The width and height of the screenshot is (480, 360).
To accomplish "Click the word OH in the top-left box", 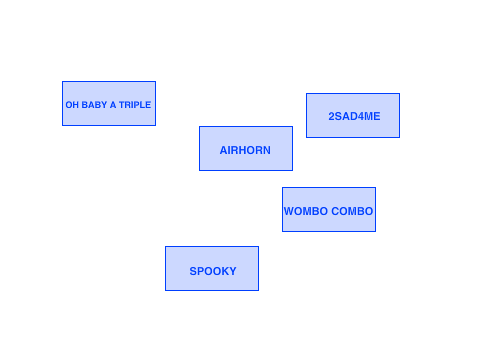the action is pyautogui.click(x=72, y=105).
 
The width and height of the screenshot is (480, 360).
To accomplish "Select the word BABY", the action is pyautogui.click(x=94, y=105).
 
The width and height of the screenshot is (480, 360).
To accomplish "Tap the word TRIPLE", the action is pyautogui.click(x=135, y=105).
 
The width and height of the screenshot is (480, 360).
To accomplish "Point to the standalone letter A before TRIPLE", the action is pyautogui.click(x=113, y=105).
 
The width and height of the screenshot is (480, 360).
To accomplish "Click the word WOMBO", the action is pyautogui.click(x=306, y=211).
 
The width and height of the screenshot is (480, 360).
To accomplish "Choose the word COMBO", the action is pyautogui.click(x=352, y=211).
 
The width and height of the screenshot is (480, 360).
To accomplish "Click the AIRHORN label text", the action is pyautogui.click(x=245, y=150).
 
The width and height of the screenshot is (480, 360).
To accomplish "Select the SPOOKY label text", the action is pyautogui.click(x=213, y=271).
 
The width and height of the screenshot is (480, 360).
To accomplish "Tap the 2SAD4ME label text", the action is pyautogui.click(x=354, y=116).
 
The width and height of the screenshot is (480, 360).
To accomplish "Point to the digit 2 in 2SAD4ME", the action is pyautogui.click(x=331, y=116).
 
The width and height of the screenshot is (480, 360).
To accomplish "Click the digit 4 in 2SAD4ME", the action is pyautogui.click(x=359, y=116).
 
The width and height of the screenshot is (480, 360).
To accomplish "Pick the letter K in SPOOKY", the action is pyautogui.click(x=225, y=271).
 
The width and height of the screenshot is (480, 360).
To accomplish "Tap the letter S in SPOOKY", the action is pyautogui.click(x=193, y=271).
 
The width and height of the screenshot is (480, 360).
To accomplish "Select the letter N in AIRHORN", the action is pyautogui.click(x=267, y=150).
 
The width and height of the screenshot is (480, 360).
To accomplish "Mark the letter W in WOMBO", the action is pyautogui.click(x=289, y=211).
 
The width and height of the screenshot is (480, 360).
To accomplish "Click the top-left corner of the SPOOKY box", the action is pyautogui.click(x=165, y=247).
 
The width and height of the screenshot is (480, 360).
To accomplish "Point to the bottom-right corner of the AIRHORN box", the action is pyautogui.click(x=292, y=170).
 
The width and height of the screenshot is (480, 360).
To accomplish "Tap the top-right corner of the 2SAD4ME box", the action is pyautogui.click(x=399, y=94).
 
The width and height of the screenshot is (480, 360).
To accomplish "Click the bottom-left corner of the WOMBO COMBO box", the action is pyautogui.click(x=283, y=231).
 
